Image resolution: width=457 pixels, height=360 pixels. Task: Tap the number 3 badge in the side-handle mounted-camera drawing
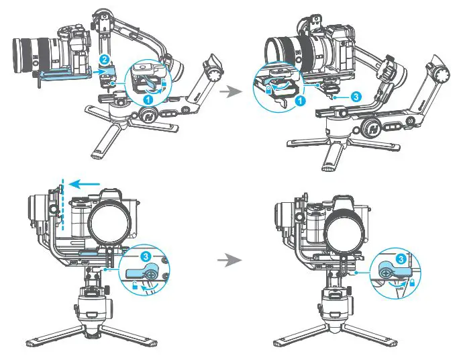tap(356, 97)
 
